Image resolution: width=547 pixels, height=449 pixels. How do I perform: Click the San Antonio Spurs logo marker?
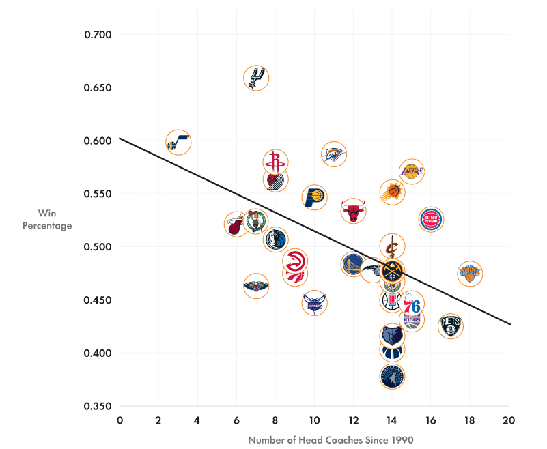[255, 78]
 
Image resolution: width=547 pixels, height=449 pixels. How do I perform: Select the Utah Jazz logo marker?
[178, 143]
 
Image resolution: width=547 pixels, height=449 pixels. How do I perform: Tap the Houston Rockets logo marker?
[275, 162]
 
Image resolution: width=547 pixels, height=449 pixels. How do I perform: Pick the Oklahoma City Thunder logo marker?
[333, 155]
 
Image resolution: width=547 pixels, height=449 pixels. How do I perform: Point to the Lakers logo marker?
[411, 172]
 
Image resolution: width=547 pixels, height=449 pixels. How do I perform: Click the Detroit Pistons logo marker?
[432, 219]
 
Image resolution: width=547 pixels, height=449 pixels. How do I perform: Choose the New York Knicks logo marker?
[470, 274]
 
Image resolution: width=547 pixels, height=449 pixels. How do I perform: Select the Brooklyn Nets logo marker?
[451, 325]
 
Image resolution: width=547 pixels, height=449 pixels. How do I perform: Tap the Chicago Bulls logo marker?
[353, 212]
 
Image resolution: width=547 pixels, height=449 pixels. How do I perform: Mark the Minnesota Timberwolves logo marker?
[392, 376]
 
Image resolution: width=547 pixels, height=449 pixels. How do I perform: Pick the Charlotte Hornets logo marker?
[314, 303]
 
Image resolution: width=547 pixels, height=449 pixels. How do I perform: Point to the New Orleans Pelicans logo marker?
[256, 286]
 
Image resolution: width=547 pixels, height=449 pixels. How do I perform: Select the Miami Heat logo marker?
[236, 224]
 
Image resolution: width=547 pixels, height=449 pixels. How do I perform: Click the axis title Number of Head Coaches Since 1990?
[331, 440]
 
